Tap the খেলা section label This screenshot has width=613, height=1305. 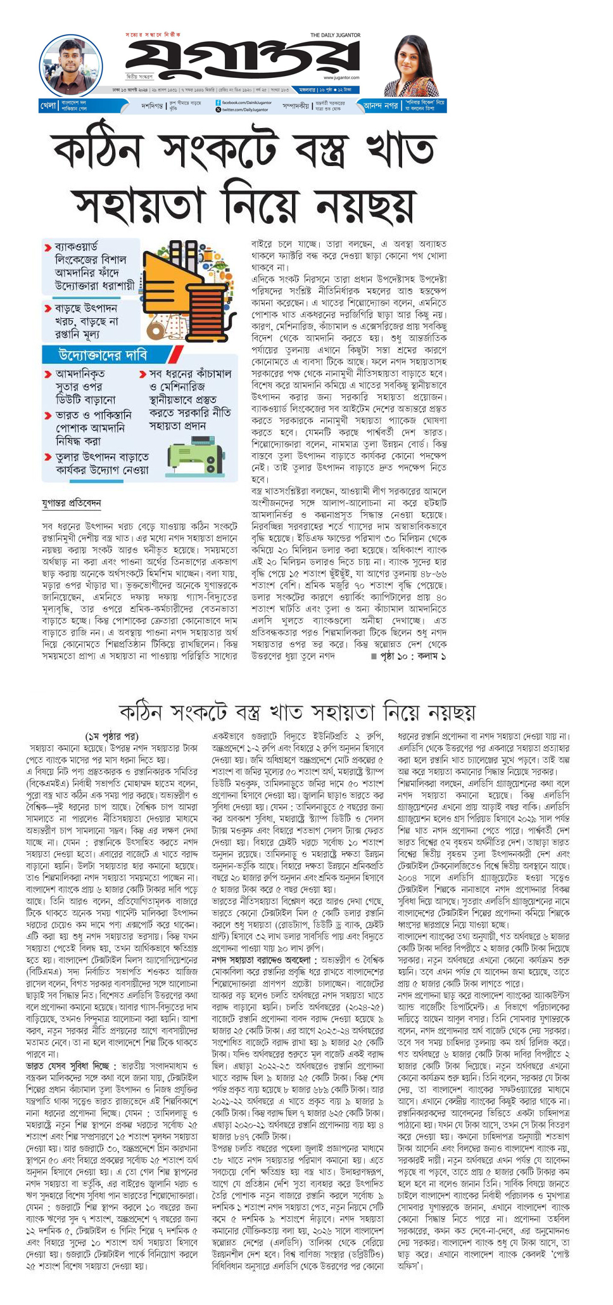[48, 105]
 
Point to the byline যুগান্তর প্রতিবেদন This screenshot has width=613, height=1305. [71, 503]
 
